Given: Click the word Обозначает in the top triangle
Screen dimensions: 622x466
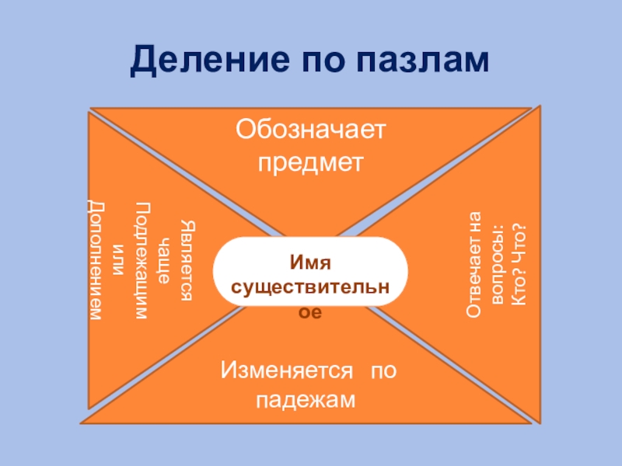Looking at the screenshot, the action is click(311, 130).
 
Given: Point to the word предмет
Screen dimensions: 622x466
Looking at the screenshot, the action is click(311, 163).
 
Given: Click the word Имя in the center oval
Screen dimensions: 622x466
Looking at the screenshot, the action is click(311, 266).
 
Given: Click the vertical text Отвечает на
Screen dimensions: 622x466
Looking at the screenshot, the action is click(473, 265).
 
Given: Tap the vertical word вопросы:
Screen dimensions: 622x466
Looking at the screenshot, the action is click(498, 265).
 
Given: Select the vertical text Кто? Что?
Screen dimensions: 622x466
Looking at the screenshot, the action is click(519, 265).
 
